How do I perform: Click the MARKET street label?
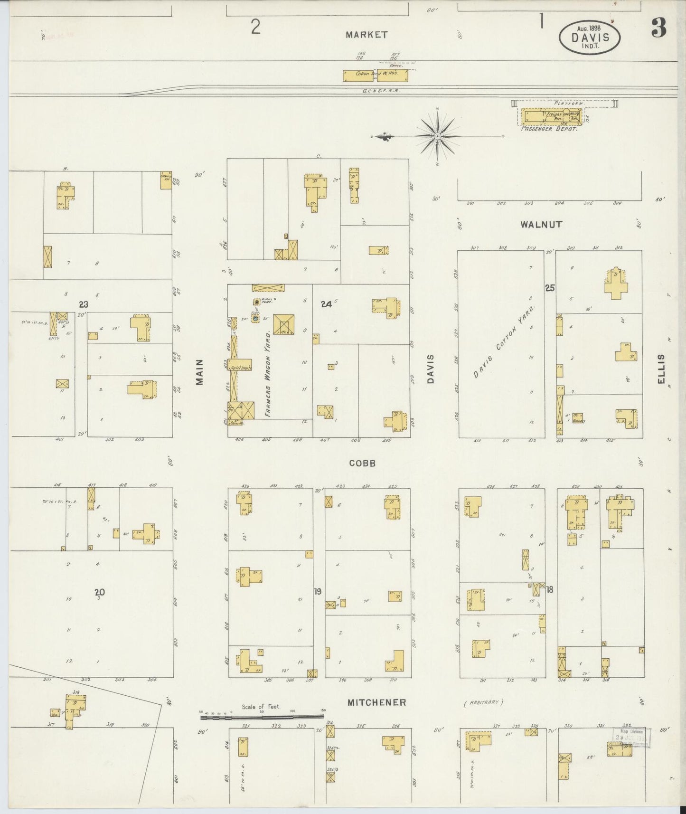(366, 35)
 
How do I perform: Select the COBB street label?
(362, 463)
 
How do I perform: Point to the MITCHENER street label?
(377, 702)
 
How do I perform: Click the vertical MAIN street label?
(199, 372)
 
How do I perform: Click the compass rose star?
(437, 136)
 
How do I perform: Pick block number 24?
(326, 304)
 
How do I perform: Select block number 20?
(99, 592)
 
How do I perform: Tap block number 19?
(318, 591)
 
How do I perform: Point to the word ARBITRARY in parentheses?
(483, 702)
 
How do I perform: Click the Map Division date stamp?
(631, 738)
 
